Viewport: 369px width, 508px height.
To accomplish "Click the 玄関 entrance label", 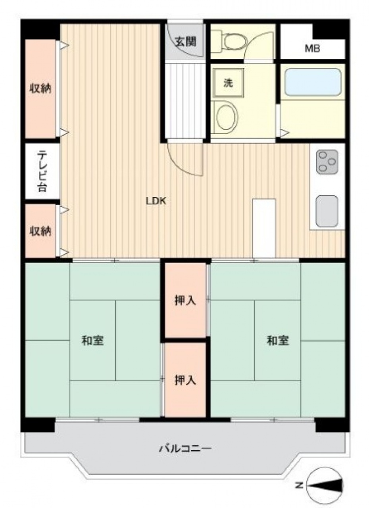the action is (x=186, y=42).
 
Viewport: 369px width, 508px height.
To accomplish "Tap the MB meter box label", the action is (x=312, y=48).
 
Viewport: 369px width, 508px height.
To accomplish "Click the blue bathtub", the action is (x=313, y=82).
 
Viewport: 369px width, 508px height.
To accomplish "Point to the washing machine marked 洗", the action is (x=228, y=83).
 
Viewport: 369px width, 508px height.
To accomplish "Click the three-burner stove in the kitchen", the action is (x=327, y=162).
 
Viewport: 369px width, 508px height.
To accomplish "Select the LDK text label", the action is (x=156, y=201).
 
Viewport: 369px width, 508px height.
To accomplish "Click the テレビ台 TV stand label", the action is (x=42, y=172).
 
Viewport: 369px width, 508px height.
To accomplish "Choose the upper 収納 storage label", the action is (x=40, y=89).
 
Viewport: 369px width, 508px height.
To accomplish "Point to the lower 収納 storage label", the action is (x=40, y=231).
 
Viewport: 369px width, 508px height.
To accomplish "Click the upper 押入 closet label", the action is (x=185, y=300).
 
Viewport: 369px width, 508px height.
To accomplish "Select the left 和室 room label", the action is (x=92, y=341).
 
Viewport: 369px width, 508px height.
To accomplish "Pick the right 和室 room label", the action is (x=278, y=341).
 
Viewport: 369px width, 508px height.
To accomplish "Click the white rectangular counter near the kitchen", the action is (x=264, y=228).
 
